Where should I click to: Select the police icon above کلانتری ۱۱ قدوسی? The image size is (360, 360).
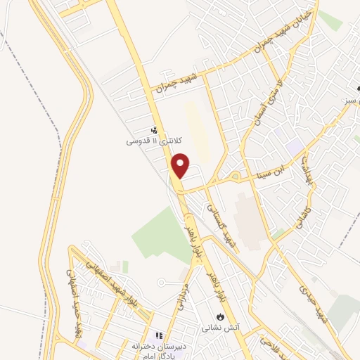pyautogui.click(x=154, y=129)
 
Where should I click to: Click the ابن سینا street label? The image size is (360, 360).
pyautogui.click(x=272, y=169)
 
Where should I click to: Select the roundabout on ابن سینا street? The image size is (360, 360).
pyautogui.click(x=234, y=176)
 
